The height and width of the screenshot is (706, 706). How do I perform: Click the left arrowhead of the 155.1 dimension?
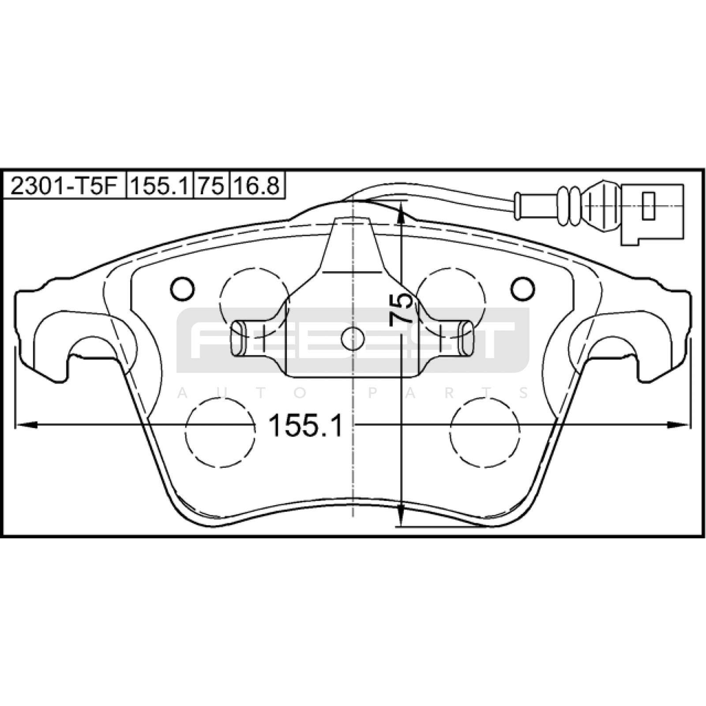pyautogui.click(x=26, y=425)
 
